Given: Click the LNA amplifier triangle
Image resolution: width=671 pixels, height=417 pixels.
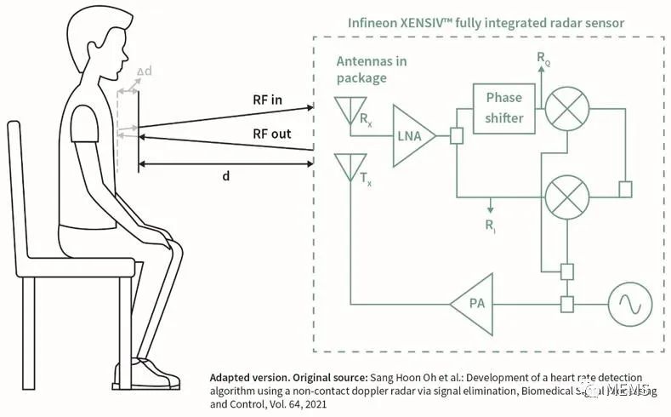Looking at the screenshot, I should tap(411, 135).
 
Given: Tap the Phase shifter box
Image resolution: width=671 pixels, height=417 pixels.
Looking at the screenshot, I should tap(504, 108).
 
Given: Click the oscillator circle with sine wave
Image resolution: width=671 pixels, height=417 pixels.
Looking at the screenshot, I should tap(628, 302).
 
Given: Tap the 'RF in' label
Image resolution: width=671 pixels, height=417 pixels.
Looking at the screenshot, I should tap(268, 100).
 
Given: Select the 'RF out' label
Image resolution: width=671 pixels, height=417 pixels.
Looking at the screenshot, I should tap(271, 134).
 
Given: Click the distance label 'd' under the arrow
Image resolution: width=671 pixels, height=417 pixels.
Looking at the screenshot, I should tap(225, 176).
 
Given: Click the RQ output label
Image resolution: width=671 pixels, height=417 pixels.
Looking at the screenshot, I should tap(543, 58).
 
